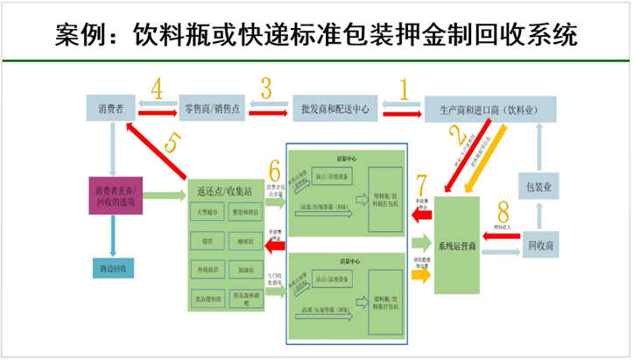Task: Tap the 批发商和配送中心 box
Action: [x=330, y=109]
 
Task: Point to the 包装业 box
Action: [x=539, y=187]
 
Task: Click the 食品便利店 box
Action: [x=210, y=298]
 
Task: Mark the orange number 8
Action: [x=501, y=213]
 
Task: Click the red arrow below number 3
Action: [x=265, y=109]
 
